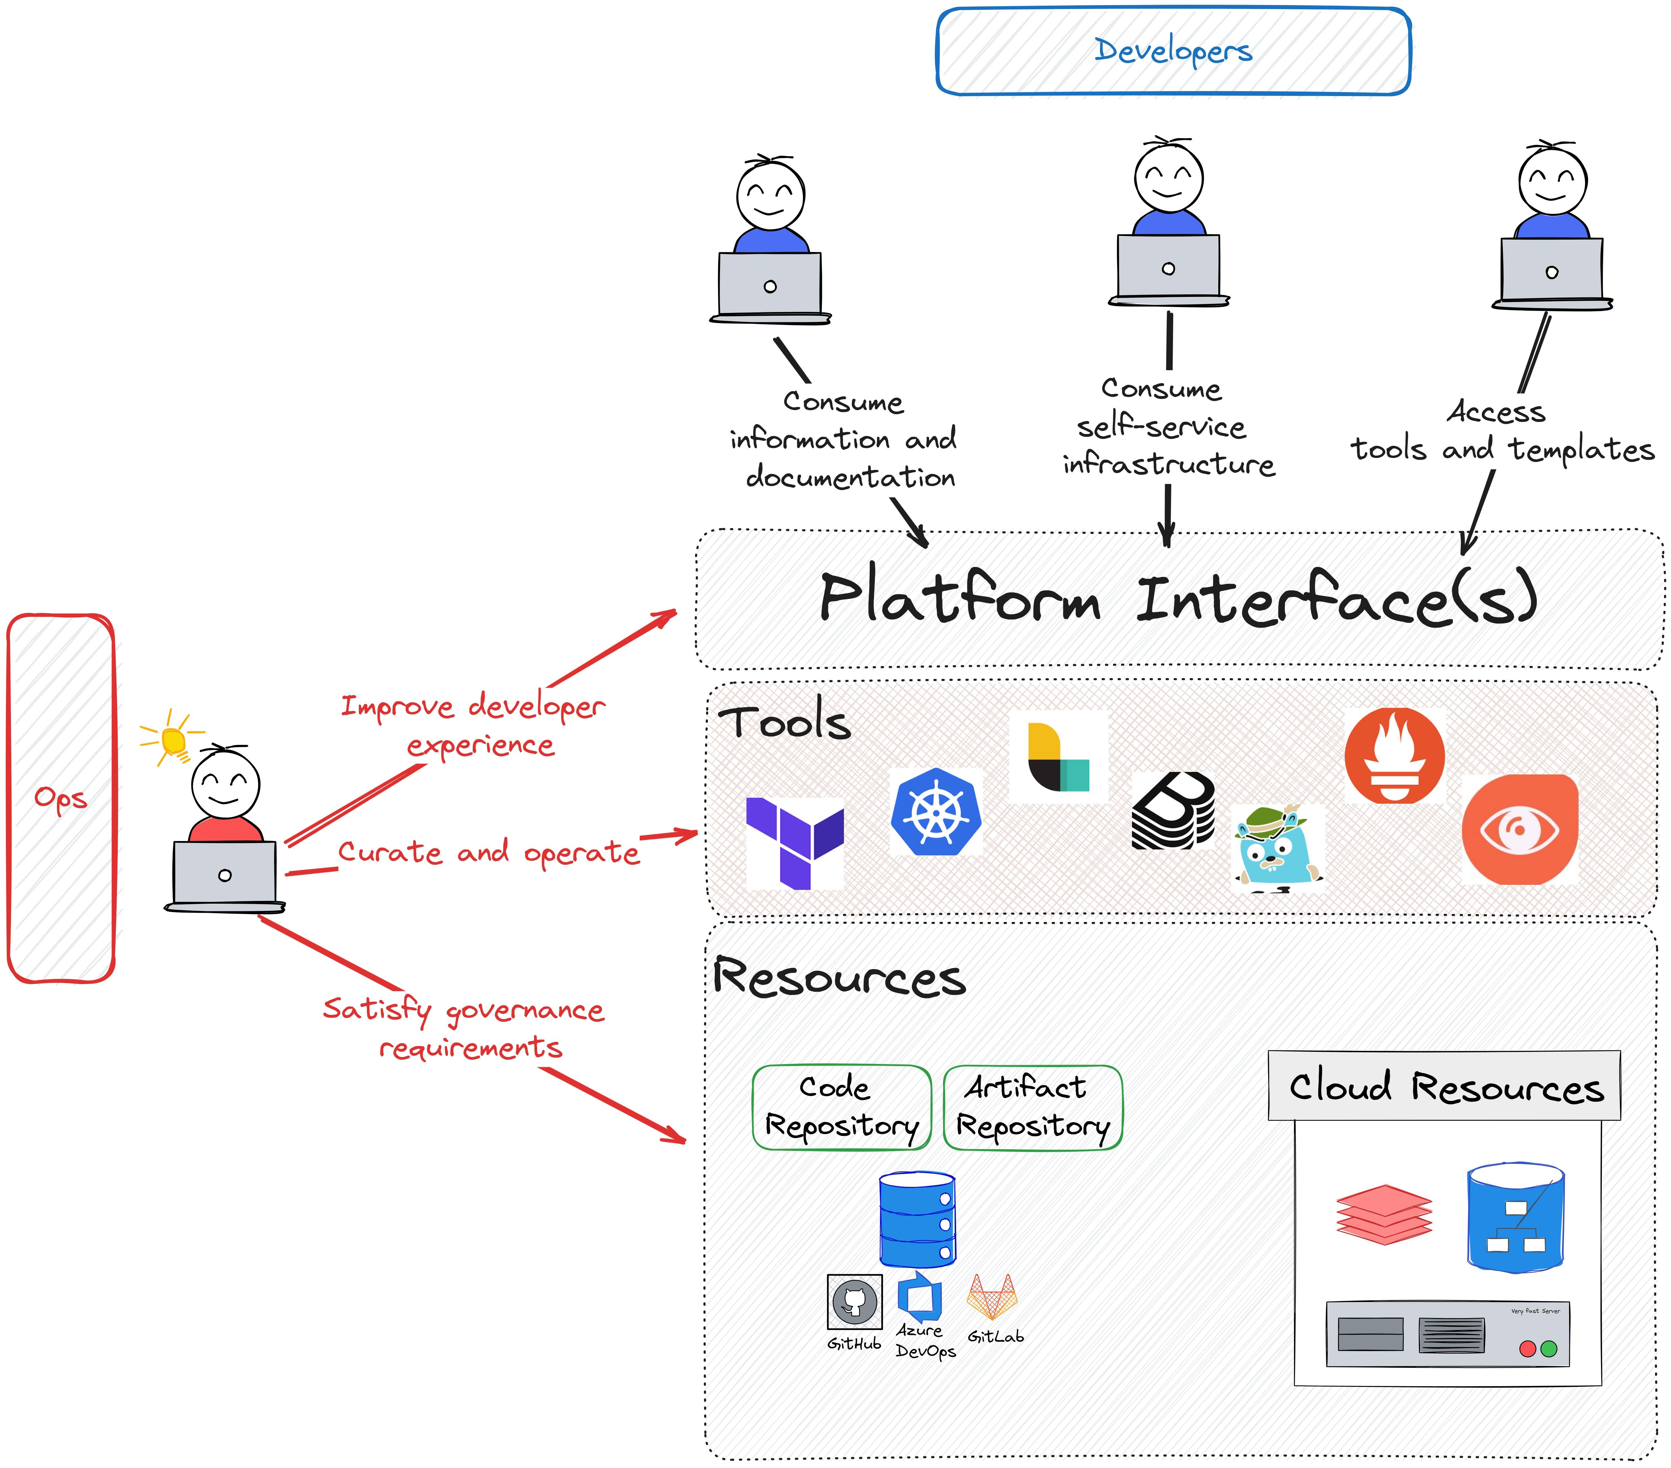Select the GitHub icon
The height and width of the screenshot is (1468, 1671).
point(854,1301)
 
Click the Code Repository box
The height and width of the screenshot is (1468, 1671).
point(841,1108)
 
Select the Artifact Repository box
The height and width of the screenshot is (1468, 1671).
point(1033,1108)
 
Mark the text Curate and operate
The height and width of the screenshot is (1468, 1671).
point(489,853)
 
